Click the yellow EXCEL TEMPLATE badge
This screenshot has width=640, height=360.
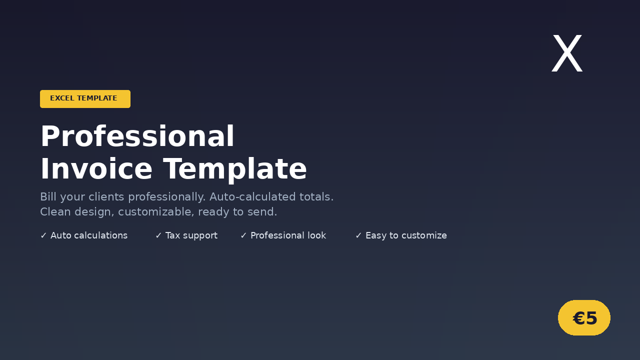pyautogui.click(x=85, y=98)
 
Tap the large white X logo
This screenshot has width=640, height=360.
pyautogui.click(x=567, y=54)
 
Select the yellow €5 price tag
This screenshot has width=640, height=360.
pyautogui.click(x=584, y=318)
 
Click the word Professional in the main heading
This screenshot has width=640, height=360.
pyautogui.click(x=137, y=136)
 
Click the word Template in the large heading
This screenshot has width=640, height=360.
pyautogui.click(x=235, y=169)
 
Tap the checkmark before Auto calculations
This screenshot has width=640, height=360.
pyautogui.click(x=43, y=235)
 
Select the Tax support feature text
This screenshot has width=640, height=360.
pyautogui.click(x=191, y=235)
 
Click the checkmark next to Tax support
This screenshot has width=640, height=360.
pyautogui.click(x=158, y=235)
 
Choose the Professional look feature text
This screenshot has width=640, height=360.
pyautogui.click(x=288, y=235)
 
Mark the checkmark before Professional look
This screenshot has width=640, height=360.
pyautogui.click(x=243, y=235)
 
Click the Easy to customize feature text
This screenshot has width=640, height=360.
pyautogui.click(x=406, y=235)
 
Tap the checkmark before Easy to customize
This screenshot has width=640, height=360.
pyautogui.click(x=358, y=235)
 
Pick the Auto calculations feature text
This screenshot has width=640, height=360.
pyautogui.click(x=89, y=235)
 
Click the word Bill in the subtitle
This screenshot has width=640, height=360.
pyautogui.click(x=47, y=197)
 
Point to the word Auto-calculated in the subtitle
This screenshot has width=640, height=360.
pyautogui.click(x=251, y=197)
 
